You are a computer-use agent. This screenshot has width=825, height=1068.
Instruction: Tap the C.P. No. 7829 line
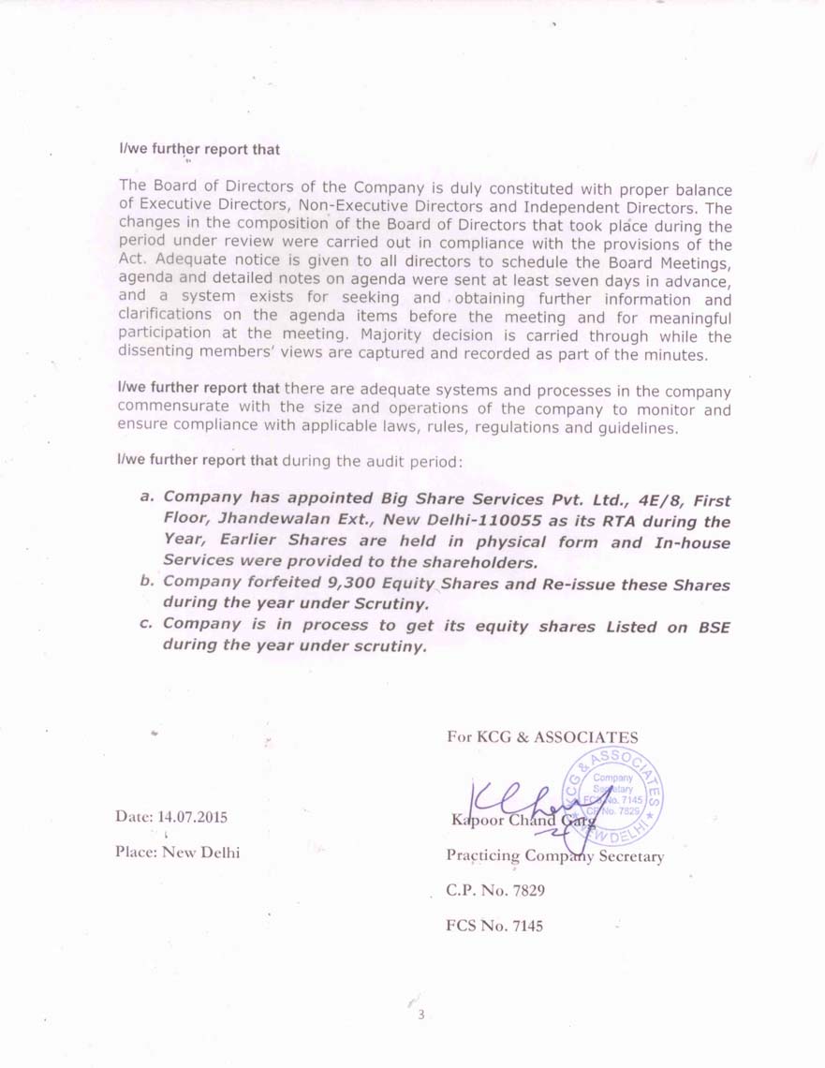pyautogui.click(x=495, y=890)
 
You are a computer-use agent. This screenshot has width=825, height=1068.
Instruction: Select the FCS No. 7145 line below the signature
pyautogui.click(x=494, y=927)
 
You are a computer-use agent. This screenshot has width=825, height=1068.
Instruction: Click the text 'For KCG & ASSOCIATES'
pyautogui.click(x=542, y=737)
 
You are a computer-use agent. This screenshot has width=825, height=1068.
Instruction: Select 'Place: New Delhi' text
pyautogui.click(x=178, y=853)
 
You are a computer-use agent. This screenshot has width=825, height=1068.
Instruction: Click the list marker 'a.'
pyautogui.click(x=146, y=497)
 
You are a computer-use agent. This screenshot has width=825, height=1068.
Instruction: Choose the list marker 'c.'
pyautogui.click(x=146, y=623)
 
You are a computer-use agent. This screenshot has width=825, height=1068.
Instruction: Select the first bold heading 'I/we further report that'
pyautogui.click(x=199, y=150)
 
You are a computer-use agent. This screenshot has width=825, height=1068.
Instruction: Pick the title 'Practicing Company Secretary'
pyautogui.click(x=555, y=856)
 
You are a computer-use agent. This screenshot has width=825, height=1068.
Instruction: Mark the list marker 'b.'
pyautogui.click(x=146, y=582)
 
